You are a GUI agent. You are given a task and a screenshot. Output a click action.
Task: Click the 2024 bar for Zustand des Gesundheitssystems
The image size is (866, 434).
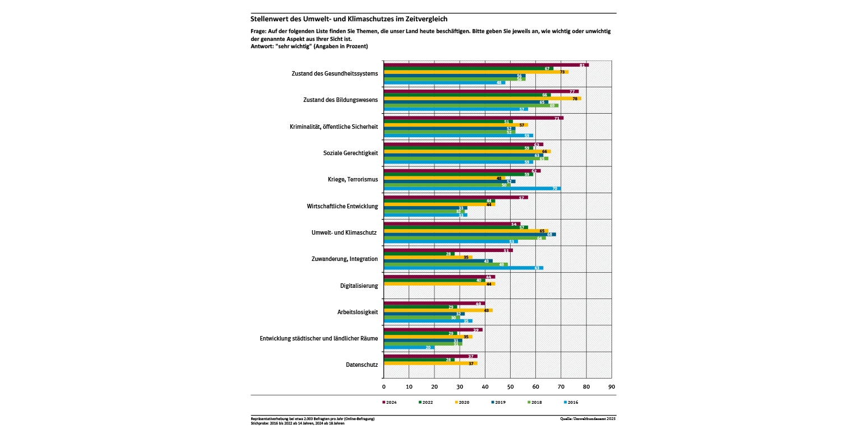(485, 65)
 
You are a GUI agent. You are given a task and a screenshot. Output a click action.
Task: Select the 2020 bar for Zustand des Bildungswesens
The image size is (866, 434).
(482, 99)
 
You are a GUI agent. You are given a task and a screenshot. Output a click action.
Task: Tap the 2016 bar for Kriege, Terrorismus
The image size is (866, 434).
(472, 189)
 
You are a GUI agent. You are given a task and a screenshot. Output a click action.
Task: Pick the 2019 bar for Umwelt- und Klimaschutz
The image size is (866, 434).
(469, 235)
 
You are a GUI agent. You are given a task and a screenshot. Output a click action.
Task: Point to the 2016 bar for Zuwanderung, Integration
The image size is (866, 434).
(463, 268)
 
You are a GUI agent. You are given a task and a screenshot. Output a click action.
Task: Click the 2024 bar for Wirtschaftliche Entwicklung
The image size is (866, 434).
(455, 197)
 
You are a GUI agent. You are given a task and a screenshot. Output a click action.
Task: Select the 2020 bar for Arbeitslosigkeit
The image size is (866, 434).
(438, 310)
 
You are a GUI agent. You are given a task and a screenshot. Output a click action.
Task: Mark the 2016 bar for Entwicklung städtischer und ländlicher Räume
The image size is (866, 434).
(409, 347)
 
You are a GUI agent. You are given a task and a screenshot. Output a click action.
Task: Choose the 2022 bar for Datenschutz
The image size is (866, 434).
(419, 360)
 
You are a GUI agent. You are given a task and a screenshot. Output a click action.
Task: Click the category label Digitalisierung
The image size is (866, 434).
(359, 286)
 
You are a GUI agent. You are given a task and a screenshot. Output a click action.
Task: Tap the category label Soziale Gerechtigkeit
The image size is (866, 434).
(350, 153)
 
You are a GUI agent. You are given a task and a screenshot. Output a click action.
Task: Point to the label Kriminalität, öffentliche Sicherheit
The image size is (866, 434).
(334, 127)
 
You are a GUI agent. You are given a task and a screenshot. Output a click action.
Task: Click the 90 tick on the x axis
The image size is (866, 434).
(612, 387)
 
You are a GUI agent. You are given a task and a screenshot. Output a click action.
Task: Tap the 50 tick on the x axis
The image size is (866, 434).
(510, 387)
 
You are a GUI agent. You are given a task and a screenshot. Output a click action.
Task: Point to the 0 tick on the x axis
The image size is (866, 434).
(383, 387)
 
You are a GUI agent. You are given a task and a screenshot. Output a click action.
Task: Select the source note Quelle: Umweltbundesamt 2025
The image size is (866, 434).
(587, 418)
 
